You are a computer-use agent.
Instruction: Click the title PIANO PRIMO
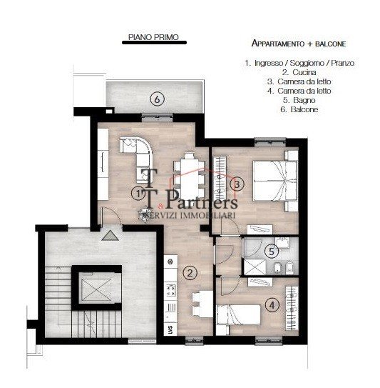click(153, 35)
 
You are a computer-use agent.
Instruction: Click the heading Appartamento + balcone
click(297, 43)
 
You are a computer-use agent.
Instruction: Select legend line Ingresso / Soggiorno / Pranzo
click(299, 63)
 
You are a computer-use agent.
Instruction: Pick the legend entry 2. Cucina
click(299, 72)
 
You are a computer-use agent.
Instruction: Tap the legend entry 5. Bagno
click(299, 100)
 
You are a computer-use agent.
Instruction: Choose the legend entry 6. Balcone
click(299, 109)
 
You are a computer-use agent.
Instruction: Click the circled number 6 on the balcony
click(157, 99)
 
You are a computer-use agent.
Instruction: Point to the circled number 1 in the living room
click(138, 193)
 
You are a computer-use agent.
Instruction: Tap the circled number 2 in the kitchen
click(190, 272)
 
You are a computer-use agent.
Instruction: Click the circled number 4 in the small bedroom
click(272, 303)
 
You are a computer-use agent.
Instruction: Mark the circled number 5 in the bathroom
click(270, 251)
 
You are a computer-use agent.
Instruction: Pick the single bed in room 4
click(242, 314)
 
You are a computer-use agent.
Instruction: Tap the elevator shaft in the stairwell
click(96, 290)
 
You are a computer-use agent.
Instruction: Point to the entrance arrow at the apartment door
click(108, 234)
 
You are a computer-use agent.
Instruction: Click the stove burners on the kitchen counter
click(171, 290)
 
